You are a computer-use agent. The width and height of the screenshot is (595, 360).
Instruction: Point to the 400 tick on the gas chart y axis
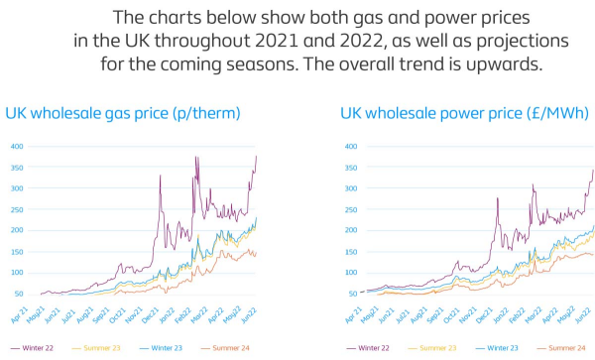pos(17,147)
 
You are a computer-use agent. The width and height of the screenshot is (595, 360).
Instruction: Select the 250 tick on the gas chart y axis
pos(17,210)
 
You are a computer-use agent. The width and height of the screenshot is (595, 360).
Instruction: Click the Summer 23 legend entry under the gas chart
pos(102,349)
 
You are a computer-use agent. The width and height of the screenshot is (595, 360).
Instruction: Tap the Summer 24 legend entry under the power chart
pos(567,349)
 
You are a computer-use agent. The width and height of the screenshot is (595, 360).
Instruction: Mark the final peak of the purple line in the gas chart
pos(256,157)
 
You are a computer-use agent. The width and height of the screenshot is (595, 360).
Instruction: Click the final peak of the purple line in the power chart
pos(593,170)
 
